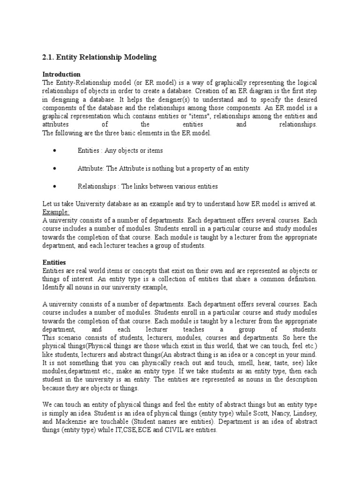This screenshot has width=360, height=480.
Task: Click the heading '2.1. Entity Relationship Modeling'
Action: pyautogui.click(x=99, y=58)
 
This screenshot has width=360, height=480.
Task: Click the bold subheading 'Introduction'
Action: pyautogui.click(x=61, y=75)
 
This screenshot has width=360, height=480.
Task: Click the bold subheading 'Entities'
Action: pyautogui.click(x=54, y=262)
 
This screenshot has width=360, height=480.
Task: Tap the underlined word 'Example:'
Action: pyautogui.click(x=56, y=212)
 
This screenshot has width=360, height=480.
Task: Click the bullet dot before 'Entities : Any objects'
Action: pyautogui.click(x=55, y=150)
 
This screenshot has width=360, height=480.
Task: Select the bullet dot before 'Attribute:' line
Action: pyautogui.click(x=55, y=168)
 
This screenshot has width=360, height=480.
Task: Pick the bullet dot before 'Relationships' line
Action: pyautogui.click(x=55, y=186)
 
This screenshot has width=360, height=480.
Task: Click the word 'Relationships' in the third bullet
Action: pyautogui.click(x=98, y=186)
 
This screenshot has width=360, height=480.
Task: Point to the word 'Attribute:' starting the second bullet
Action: pyautogui.click(x=91, y=168)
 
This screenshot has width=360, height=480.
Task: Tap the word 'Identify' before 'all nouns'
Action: pyautogui.click(x=54, y=287)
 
